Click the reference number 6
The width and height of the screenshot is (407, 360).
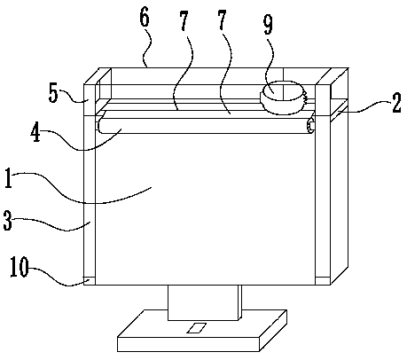coord(145,18)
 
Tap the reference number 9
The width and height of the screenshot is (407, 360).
coord(268,24)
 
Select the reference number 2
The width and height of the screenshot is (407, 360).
coord(396,103)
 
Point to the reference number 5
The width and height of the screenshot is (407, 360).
coord(53,94)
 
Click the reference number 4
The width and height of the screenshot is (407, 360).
coord(35,133)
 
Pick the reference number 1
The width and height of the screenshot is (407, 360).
coord(9,178)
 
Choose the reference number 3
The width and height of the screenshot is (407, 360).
coord(8,220)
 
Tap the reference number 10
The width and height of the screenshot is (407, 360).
coord(20,267)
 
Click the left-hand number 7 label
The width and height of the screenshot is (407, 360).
coord(184,21)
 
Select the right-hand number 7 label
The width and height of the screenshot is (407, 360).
coord(222,20)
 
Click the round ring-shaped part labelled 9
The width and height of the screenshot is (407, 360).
coord(282,98)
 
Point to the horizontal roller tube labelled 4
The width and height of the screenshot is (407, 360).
coord(205,126)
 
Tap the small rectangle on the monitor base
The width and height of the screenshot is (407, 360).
coord(196,328)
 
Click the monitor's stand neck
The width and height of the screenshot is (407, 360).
coord(203,302)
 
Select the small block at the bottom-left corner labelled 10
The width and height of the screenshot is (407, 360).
coord(90,281)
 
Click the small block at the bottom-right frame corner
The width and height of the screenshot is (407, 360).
coord(323,281)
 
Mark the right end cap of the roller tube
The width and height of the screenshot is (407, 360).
coord(310,126)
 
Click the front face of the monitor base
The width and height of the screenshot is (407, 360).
coord(189,344)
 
